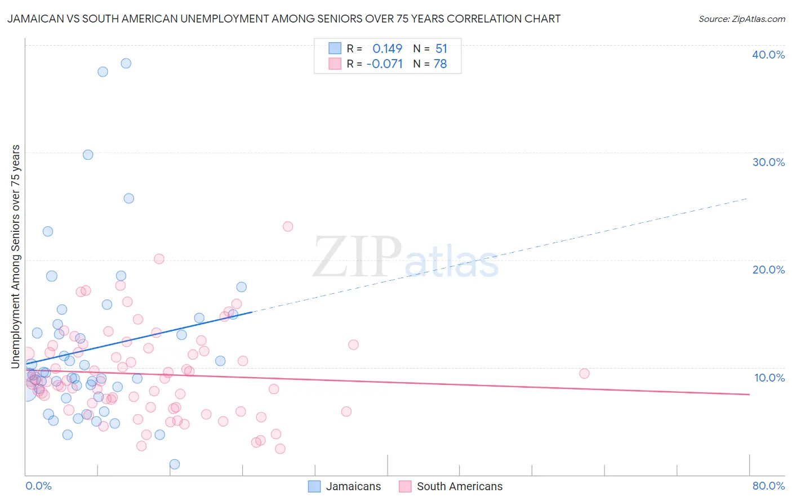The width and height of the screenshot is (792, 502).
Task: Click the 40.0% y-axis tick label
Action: tap(768, 55)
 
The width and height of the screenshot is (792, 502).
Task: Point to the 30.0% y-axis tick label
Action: tap(768, 162)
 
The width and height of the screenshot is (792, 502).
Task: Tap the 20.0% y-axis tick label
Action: tap(768, 270)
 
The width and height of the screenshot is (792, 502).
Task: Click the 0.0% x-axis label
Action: tap(38, 486)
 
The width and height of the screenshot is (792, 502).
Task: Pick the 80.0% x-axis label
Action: tap(768, 486)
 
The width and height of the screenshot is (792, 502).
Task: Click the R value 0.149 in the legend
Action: tap(387, 49)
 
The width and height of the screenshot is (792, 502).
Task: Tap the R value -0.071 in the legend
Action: tap(384, 64)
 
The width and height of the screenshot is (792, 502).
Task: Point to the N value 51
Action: tap(441, 49)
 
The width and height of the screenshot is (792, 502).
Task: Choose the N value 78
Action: tap(440, 64)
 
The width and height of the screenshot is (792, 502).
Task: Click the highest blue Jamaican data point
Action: tap(126, 63)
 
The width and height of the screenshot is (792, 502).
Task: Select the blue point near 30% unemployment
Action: tap(88, 155)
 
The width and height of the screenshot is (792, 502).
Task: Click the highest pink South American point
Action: tap(288, 226)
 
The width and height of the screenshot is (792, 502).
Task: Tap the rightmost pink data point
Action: tap(584, 374)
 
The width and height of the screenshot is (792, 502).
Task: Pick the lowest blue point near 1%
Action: tap(175, 464)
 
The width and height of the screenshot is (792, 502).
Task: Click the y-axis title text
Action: tap(16, 257)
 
